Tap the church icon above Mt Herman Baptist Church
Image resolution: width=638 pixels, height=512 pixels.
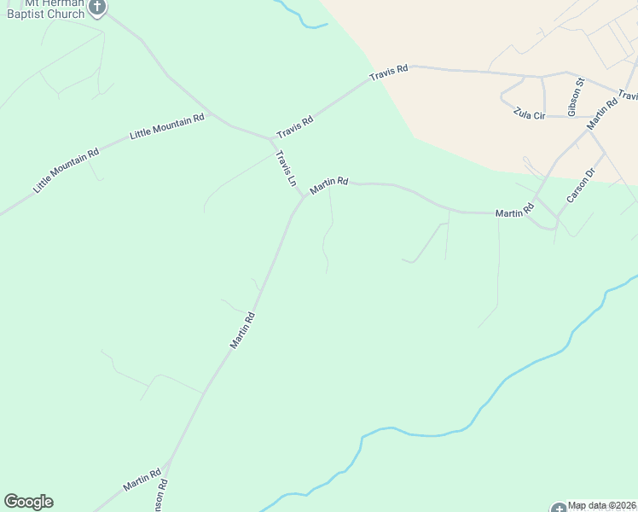[x=97, y=7]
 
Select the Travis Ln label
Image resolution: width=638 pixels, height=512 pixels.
[x=286, y=169]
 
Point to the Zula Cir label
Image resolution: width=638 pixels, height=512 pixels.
[x=529, y=113]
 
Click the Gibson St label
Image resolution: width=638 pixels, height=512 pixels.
[x=575, y=96]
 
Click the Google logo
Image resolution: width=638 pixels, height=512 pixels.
[x=28, y=502]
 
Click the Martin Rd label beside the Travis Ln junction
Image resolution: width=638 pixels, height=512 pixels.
[x=329, y=183]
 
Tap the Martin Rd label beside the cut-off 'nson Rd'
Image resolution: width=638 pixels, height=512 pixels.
[x=142, y=480]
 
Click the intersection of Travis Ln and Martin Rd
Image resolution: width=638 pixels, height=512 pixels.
[x=303, y=198]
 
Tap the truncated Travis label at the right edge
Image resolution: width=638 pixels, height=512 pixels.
[x=629, y=96]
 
